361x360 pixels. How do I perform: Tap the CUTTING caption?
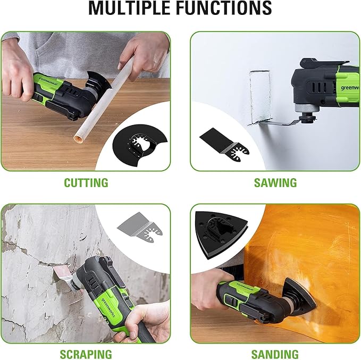tap(86, 182)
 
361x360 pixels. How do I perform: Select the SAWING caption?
tap(274, 182)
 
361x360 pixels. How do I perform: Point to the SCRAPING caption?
tap(86, 354)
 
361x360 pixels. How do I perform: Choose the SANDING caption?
tap(274, 354)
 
